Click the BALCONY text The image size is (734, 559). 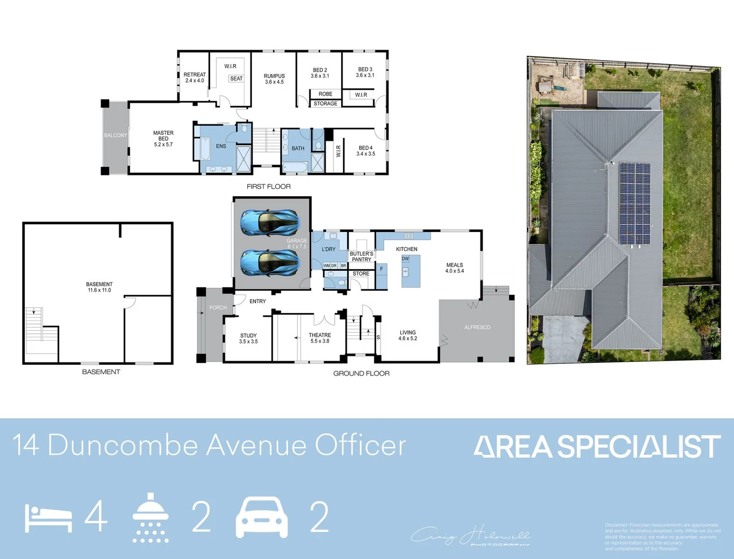115,136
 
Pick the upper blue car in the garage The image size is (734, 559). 270,223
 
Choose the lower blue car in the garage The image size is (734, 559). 270,263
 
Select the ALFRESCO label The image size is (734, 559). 477,328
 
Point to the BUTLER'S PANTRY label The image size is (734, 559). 361,257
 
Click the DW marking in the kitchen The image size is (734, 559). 405,259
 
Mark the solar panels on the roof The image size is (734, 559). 635,203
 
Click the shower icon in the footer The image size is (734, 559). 150,517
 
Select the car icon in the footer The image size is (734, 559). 262,517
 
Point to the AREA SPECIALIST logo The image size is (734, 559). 597,447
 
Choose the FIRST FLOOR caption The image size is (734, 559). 269,186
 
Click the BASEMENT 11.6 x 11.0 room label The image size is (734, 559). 99,287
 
